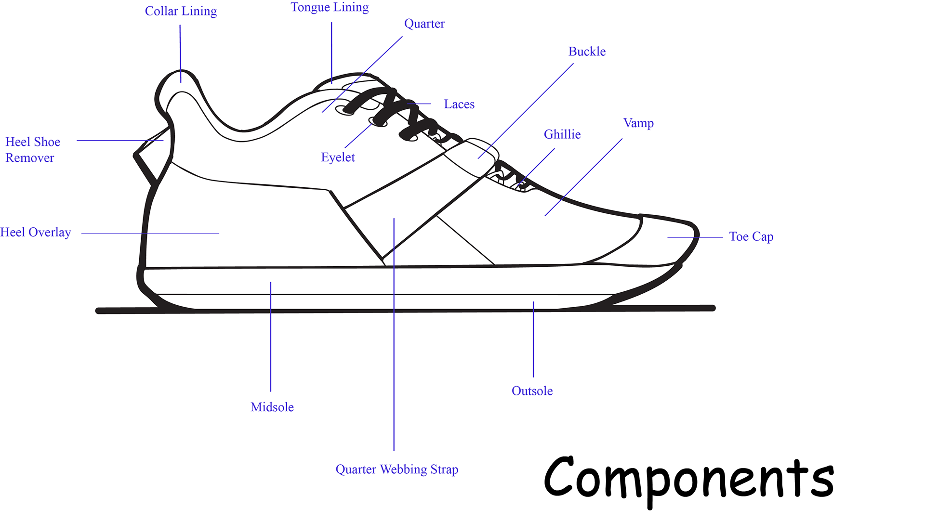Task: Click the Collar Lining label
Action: click(181, 11)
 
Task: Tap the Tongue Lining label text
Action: click(330, 8)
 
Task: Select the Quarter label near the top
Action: click(424, 24)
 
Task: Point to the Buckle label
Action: click(586, 52)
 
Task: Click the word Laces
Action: click(459, 104)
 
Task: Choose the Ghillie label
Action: click(562, 134)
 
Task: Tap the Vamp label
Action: click(638, 123)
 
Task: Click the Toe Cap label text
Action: click(751, 237)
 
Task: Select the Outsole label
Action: click(532, 391)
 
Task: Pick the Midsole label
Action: click(272, 407)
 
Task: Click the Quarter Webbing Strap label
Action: click(396, 469)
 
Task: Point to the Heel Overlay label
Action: click(36, 233)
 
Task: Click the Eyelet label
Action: click(338, 157)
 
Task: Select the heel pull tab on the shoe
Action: click(152, 154)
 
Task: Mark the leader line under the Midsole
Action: click(271, 337)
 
